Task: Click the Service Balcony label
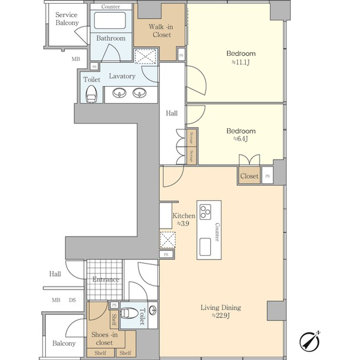[67, 19]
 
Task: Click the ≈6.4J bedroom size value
[240, 139]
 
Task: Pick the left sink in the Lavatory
[119, 92]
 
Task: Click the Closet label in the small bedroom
[249, 176]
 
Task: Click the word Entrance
[106, 280]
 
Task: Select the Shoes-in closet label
[102, 338]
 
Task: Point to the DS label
[72, 300]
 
